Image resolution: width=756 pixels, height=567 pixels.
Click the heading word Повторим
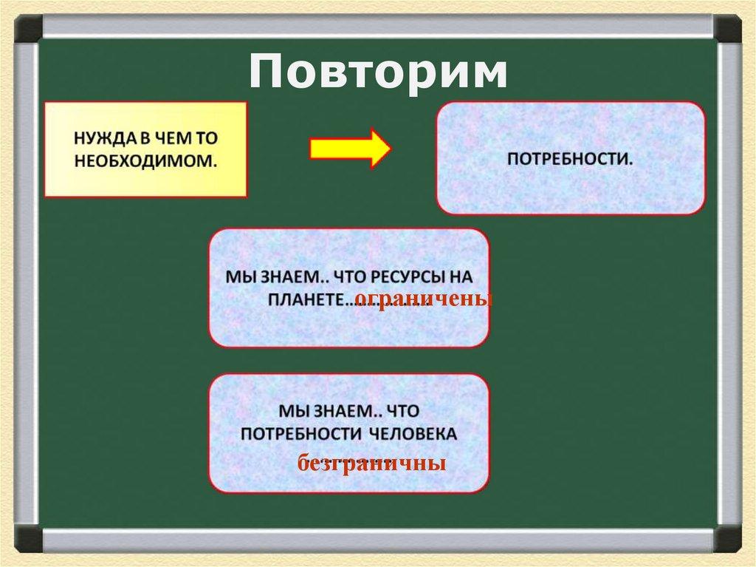click(377, 72)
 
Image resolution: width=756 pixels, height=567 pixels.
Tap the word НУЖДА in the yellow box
click(98, 137)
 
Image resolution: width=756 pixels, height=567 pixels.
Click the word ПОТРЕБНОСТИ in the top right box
click(570, 159)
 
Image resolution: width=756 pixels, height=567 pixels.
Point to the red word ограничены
click(423, 299)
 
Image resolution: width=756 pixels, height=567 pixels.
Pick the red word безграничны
click(371, 464)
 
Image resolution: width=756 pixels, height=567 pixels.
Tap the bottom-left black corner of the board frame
click(28, 538)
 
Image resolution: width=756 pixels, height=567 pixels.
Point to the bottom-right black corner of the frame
click(727, 538)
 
